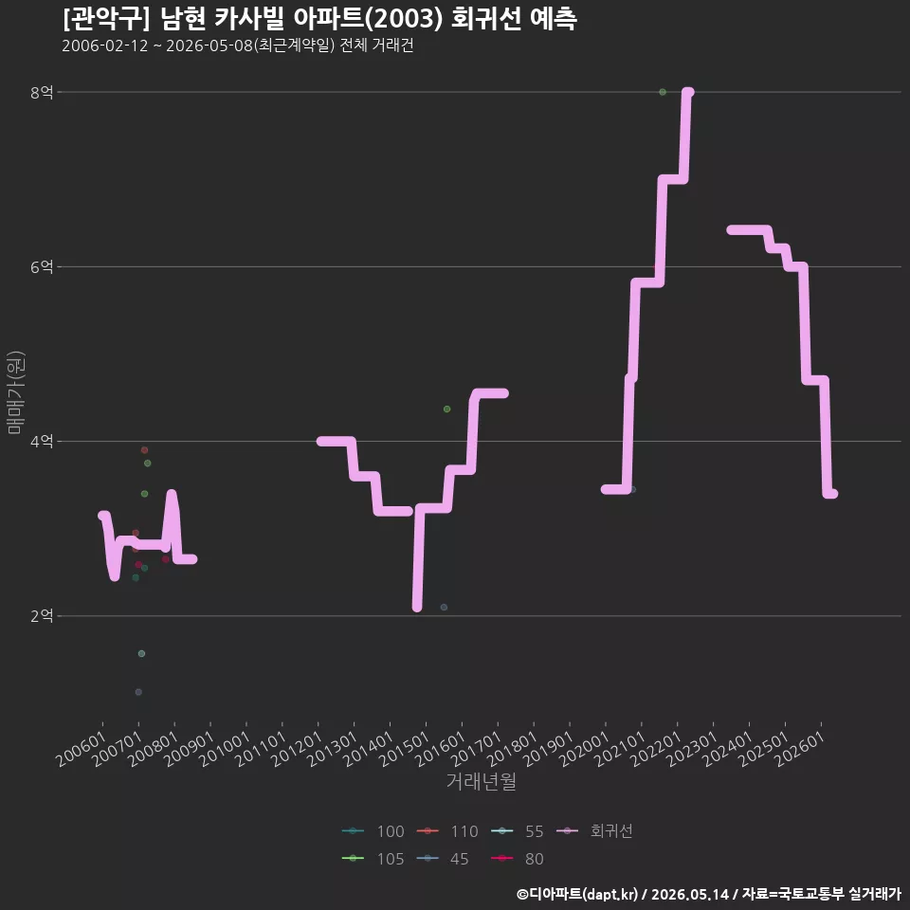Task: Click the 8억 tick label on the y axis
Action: click(x=41, y=92)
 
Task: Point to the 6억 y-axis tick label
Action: click(x=41, y=267)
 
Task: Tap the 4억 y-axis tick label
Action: click(x=41, y=442)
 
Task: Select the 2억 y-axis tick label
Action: click(x=41, y=616)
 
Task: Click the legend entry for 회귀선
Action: click(x=594, y=831)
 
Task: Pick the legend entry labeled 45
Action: click(x=443, y=859)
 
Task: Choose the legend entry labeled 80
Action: click(x=518, y=859)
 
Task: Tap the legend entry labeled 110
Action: click(x=447, y=831)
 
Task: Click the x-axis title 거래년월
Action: click(x=482, y=781)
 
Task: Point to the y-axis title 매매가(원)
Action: click(x=15, y=392)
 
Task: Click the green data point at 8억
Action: click(x=663, y=92)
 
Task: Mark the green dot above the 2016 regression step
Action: click(x=446, y=409)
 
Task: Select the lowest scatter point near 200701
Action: click(x=138, y=692)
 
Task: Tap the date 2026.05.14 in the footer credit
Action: click(x=689, y=894)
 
